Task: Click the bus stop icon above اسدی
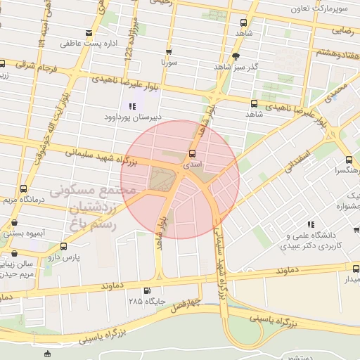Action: coord(192,154)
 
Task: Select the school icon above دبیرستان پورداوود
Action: coord(132,106)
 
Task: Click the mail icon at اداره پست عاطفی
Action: coord(88,33)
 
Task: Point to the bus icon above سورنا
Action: coord(169,52)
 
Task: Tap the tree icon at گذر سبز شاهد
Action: coord(237,56)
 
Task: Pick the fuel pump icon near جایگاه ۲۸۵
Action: coord(146,291)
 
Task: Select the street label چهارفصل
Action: coord(187,304)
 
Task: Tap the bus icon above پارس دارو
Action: coord(64,246)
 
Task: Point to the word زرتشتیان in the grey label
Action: coord(90,208)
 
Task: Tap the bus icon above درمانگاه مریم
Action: coord(24,189)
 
